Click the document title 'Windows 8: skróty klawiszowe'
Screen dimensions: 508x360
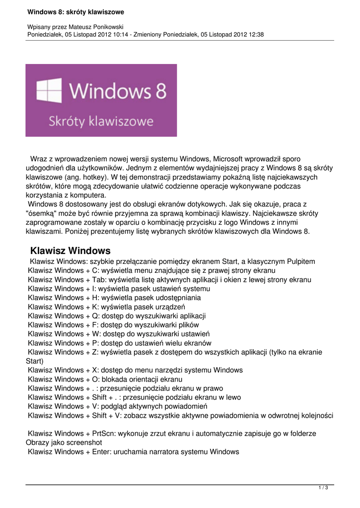(x=75, y=11)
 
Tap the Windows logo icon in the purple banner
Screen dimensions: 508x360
(x=49, y=91)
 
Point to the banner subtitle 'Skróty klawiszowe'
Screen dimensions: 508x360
(x=101, y=121)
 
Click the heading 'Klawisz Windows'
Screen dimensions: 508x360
(x=70, y=251)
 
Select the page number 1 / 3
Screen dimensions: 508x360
(x=323, y=488)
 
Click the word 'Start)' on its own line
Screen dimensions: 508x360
(x=34, y=361)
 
